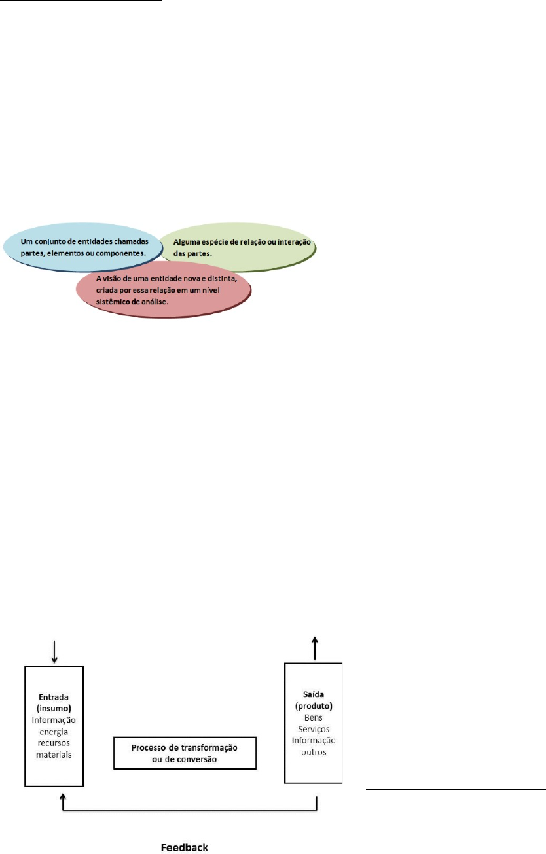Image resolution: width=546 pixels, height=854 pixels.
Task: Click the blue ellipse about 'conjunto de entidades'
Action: [x=82, y=247]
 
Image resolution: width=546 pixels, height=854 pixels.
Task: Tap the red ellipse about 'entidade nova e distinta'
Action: [x=163, y=290]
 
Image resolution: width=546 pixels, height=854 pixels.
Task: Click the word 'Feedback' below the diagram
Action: [x=185, y=847]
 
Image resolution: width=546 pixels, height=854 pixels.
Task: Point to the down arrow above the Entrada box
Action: [x=54, y=652]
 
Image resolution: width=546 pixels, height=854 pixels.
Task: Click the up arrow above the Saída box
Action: [x=314, y=648]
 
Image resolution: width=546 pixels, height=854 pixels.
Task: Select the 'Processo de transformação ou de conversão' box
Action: [x=185, y=753]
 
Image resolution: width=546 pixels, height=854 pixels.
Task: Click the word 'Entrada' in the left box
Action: [x=54, y=697]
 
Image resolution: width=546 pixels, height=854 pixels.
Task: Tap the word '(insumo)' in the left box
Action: [x=54, y=708]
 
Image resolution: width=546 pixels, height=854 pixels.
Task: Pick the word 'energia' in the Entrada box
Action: [x=54, y=732]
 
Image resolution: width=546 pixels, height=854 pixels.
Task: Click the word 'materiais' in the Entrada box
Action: [x=54, y=755]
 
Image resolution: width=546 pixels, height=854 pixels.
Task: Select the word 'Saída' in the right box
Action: [x=314, y=694]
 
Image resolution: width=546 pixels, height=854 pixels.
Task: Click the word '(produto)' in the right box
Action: [x=314, y=706]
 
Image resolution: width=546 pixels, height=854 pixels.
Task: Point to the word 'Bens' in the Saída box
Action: [x=314, y=717]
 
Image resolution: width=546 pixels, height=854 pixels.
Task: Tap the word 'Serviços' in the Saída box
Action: [x=314, y=729]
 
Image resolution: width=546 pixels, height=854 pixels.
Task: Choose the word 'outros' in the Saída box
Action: [x=314, y=752]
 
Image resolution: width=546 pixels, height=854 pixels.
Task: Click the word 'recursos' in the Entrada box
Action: [x=54, y=743]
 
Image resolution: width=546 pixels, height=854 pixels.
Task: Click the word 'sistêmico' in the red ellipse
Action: [x=113, y=302]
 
